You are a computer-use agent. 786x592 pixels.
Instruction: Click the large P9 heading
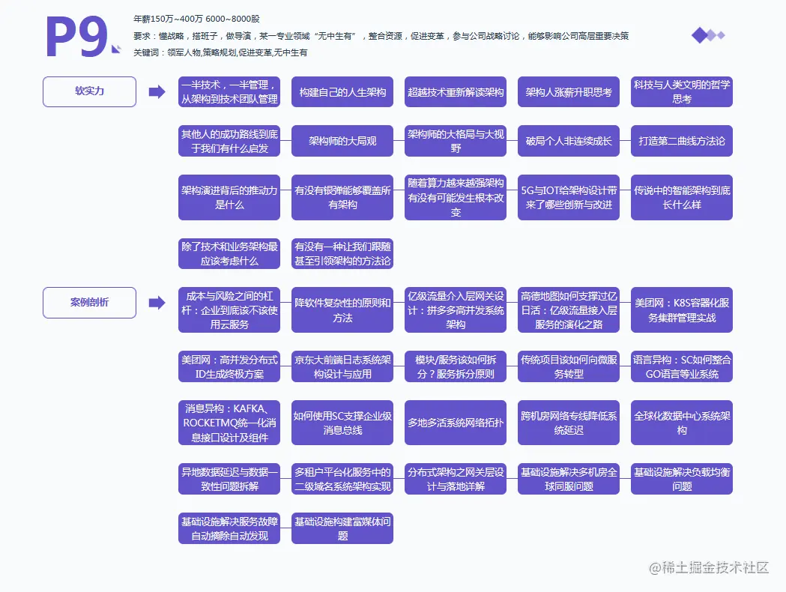pos(77,37)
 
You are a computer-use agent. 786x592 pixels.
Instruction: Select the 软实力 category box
pos(89,91)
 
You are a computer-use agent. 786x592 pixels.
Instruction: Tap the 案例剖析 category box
pos(89,303)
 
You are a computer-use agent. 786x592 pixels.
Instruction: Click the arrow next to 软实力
pos(157,91)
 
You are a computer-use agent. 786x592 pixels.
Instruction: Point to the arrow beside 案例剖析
pos(157,303)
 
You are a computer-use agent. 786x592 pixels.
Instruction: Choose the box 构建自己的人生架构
pos(342,92)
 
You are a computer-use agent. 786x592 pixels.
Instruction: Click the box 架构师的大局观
pos(342,141)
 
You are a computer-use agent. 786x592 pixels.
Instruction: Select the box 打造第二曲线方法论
pos(682,141)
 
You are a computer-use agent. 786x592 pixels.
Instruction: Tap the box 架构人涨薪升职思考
pos(569,92)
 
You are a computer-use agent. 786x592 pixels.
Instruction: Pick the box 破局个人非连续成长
pos(569,141)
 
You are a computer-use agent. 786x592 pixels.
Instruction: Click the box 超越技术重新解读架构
pos(456,92)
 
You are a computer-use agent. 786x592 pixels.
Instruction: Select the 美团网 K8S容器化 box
pos(682,309)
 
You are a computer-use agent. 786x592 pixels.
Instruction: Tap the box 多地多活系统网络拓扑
pos(456,423)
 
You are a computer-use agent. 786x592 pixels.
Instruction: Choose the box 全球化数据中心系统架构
pos(682,423)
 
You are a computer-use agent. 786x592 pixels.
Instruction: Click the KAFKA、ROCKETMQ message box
pos(229,423)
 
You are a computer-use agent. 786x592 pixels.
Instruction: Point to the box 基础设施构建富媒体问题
pos(342,528)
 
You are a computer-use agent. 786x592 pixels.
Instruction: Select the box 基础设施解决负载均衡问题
pos(682,479)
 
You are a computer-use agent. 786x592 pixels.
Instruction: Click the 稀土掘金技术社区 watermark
pos(710,567)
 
